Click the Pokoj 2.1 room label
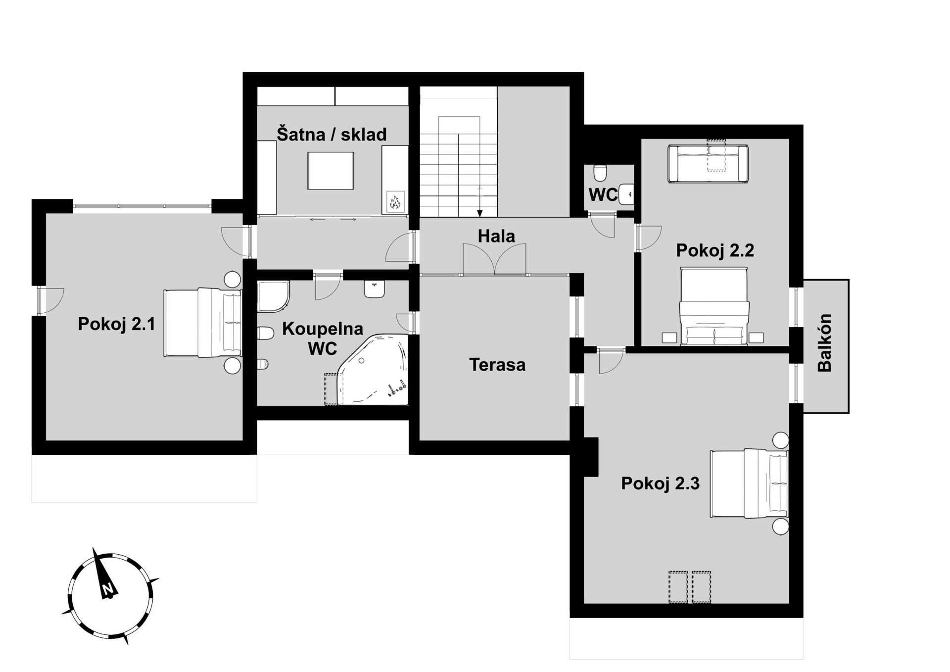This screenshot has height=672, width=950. (x=117, y=324)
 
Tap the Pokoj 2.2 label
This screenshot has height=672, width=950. (x=715, y=250)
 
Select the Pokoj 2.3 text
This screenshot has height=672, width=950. (x=660, y=483)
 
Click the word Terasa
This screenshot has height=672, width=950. (x=497, y=365)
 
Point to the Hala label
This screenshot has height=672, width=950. (x=496, y=236)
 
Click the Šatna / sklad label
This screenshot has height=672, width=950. (x=332, y=134)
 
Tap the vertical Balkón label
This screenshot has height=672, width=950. (x=825, y=342)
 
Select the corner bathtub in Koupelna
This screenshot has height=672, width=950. (x=373, y=370)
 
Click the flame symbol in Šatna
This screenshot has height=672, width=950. (x=395, y=201)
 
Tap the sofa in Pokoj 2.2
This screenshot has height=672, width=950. (x=708, y=164)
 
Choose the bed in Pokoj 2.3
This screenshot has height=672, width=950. (x=749, y=483)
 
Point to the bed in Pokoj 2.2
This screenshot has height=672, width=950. (x=713, y=306)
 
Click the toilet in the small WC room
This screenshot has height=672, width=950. (x=600, y=173)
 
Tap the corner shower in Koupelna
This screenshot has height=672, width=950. (x=273, y=297)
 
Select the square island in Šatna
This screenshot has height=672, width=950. (x=331, y=171)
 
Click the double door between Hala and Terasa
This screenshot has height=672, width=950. (x=494, y=259)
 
